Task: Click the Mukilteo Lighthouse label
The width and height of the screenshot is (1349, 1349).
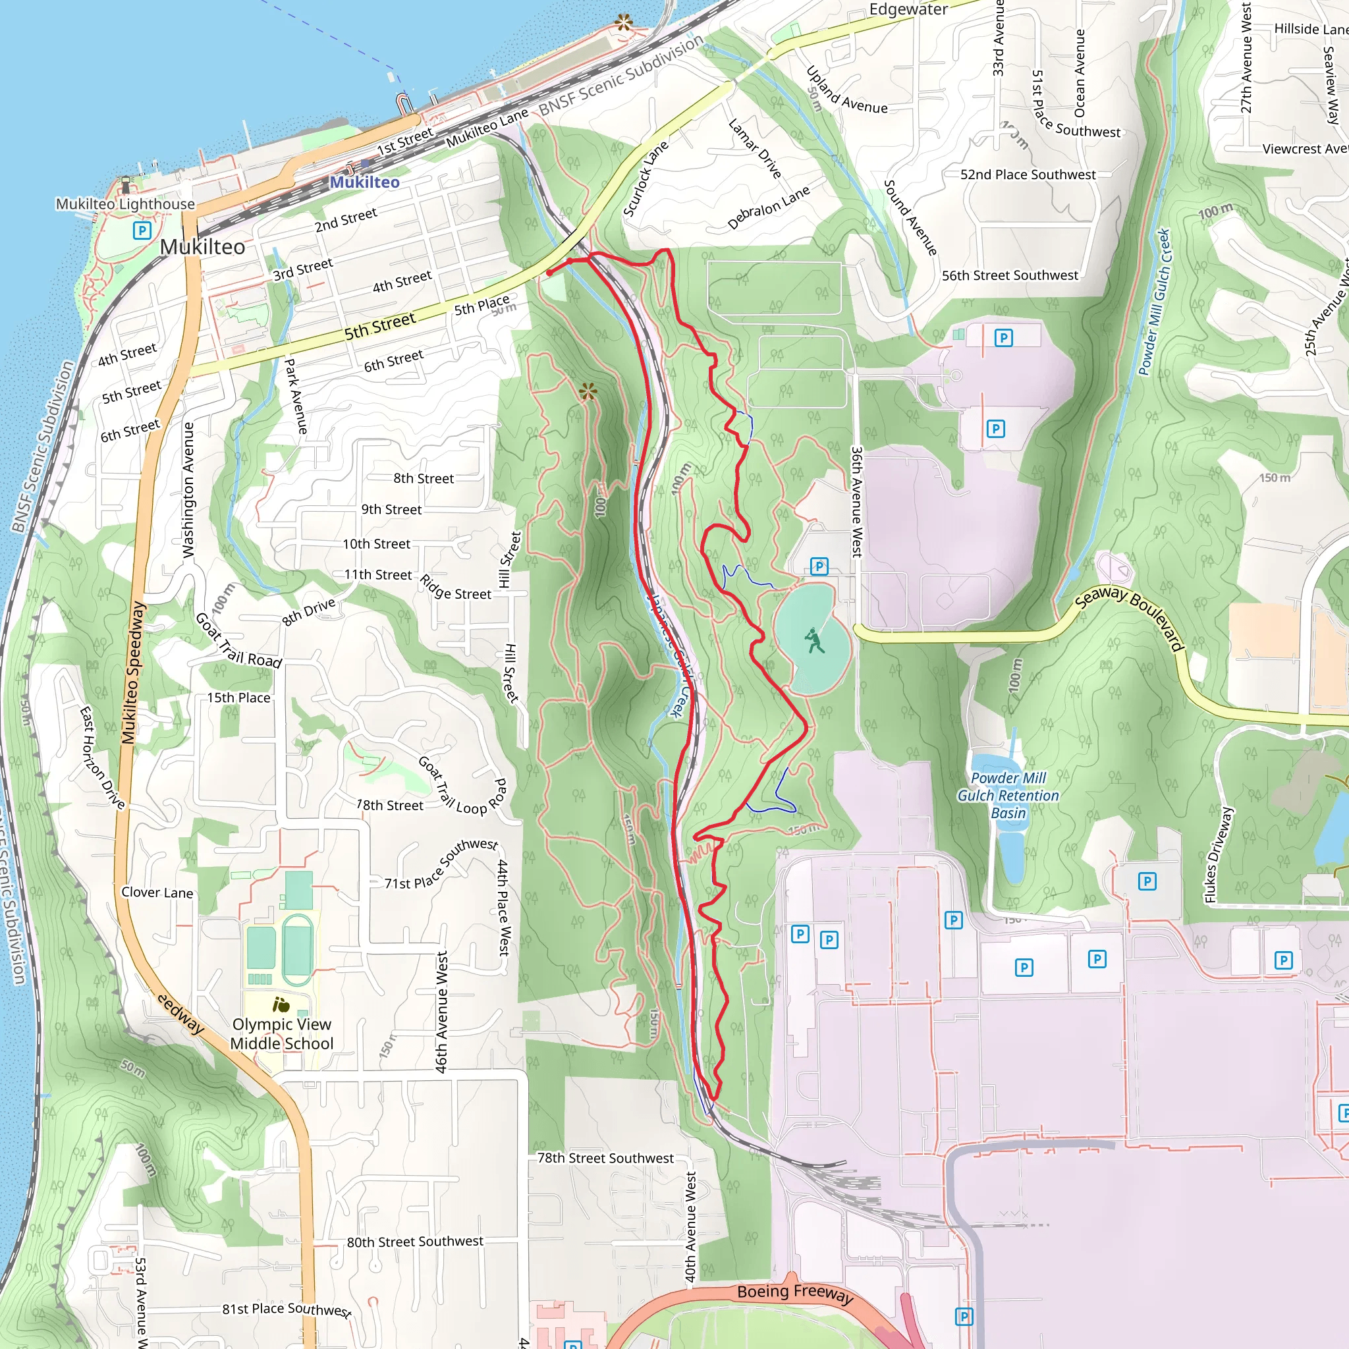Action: coord(126,204)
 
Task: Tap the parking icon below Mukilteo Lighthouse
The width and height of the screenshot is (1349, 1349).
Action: coord(142,231)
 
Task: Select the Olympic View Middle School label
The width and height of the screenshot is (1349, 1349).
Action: coord(282,1034)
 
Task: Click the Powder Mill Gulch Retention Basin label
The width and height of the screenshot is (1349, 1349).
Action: coord(1008,795)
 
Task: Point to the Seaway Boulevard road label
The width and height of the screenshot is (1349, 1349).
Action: coord(1129,618)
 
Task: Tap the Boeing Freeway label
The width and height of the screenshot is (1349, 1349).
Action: coord(795,1292)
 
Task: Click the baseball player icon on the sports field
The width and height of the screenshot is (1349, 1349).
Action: coord(813,640)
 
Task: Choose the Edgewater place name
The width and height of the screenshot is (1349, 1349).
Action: coord(908,10)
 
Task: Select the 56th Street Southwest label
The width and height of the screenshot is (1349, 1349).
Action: coord(1010,276)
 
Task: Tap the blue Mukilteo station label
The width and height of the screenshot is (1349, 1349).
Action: coord(364,182)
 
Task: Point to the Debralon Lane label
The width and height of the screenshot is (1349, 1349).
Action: coord(769,207)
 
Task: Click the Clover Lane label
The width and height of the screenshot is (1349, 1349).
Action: coord(157,893)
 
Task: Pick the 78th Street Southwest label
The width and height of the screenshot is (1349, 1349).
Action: coord(605,1158)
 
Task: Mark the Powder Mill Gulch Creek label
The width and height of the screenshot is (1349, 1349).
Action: coord(1153,302)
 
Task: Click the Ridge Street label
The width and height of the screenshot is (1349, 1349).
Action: coord(455,587)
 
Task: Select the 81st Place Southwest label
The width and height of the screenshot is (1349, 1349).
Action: coord(287,1309)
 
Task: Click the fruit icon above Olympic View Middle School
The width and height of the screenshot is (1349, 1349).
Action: coord(281,1005)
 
